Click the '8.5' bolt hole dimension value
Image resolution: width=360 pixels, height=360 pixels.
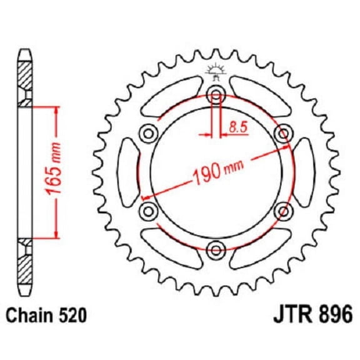(x=237, y=127)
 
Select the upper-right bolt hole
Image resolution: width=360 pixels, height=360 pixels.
(x=283, y=133)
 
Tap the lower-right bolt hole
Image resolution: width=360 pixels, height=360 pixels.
(x=283, y=210)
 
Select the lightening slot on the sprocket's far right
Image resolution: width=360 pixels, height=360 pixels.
(x=304, y=171)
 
